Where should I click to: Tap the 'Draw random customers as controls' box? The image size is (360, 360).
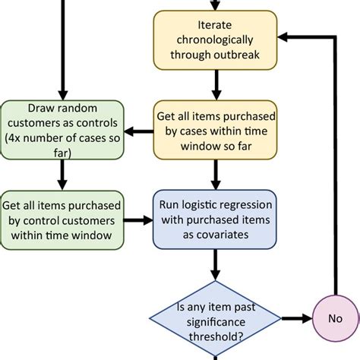[62, 131]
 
